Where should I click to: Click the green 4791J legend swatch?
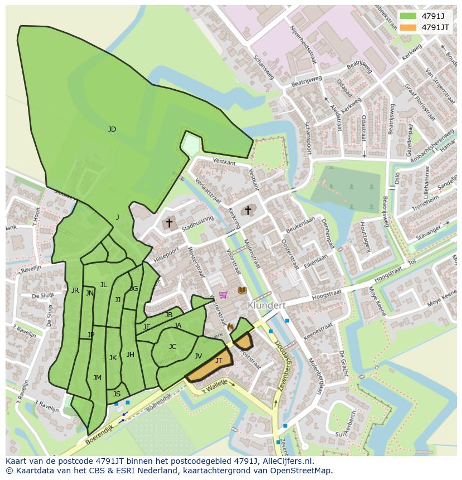click(x=408, y=16)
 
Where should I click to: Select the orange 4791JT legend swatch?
click(x=408, y=27)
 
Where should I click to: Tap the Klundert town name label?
click(x=267, y=306)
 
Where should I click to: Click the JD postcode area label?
click(x=112, y=129)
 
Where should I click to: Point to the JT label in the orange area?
click(x=219, y=361)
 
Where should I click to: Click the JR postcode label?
click(x=75, y=290)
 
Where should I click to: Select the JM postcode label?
click(x=97, y=378)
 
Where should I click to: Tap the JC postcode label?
click(x=172, y=347)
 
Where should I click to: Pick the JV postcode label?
click(x=198, y=356)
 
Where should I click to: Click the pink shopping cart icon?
click(x=223, y=294)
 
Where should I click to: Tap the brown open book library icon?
click(x=242, y=290)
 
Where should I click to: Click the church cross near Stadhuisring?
click(x=169, y=222)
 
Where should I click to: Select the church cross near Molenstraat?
click(x=248, y=210)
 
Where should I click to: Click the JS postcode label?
click(x=117, y=394)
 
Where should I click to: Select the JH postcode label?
click(x=131, y=354)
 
